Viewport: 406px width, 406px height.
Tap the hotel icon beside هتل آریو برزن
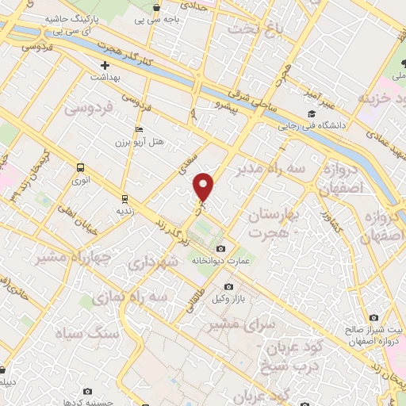pyautogui.click(x=140, y=129)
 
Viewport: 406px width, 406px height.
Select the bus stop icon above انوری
pyautogui.click(x=80, y=167)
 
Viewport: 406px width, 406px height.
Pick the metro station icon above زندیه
pyautogui.click(x=124, y=198)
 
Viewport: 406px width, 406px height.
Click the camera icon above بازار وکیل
pyautogui.click(x=229, y=286)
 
